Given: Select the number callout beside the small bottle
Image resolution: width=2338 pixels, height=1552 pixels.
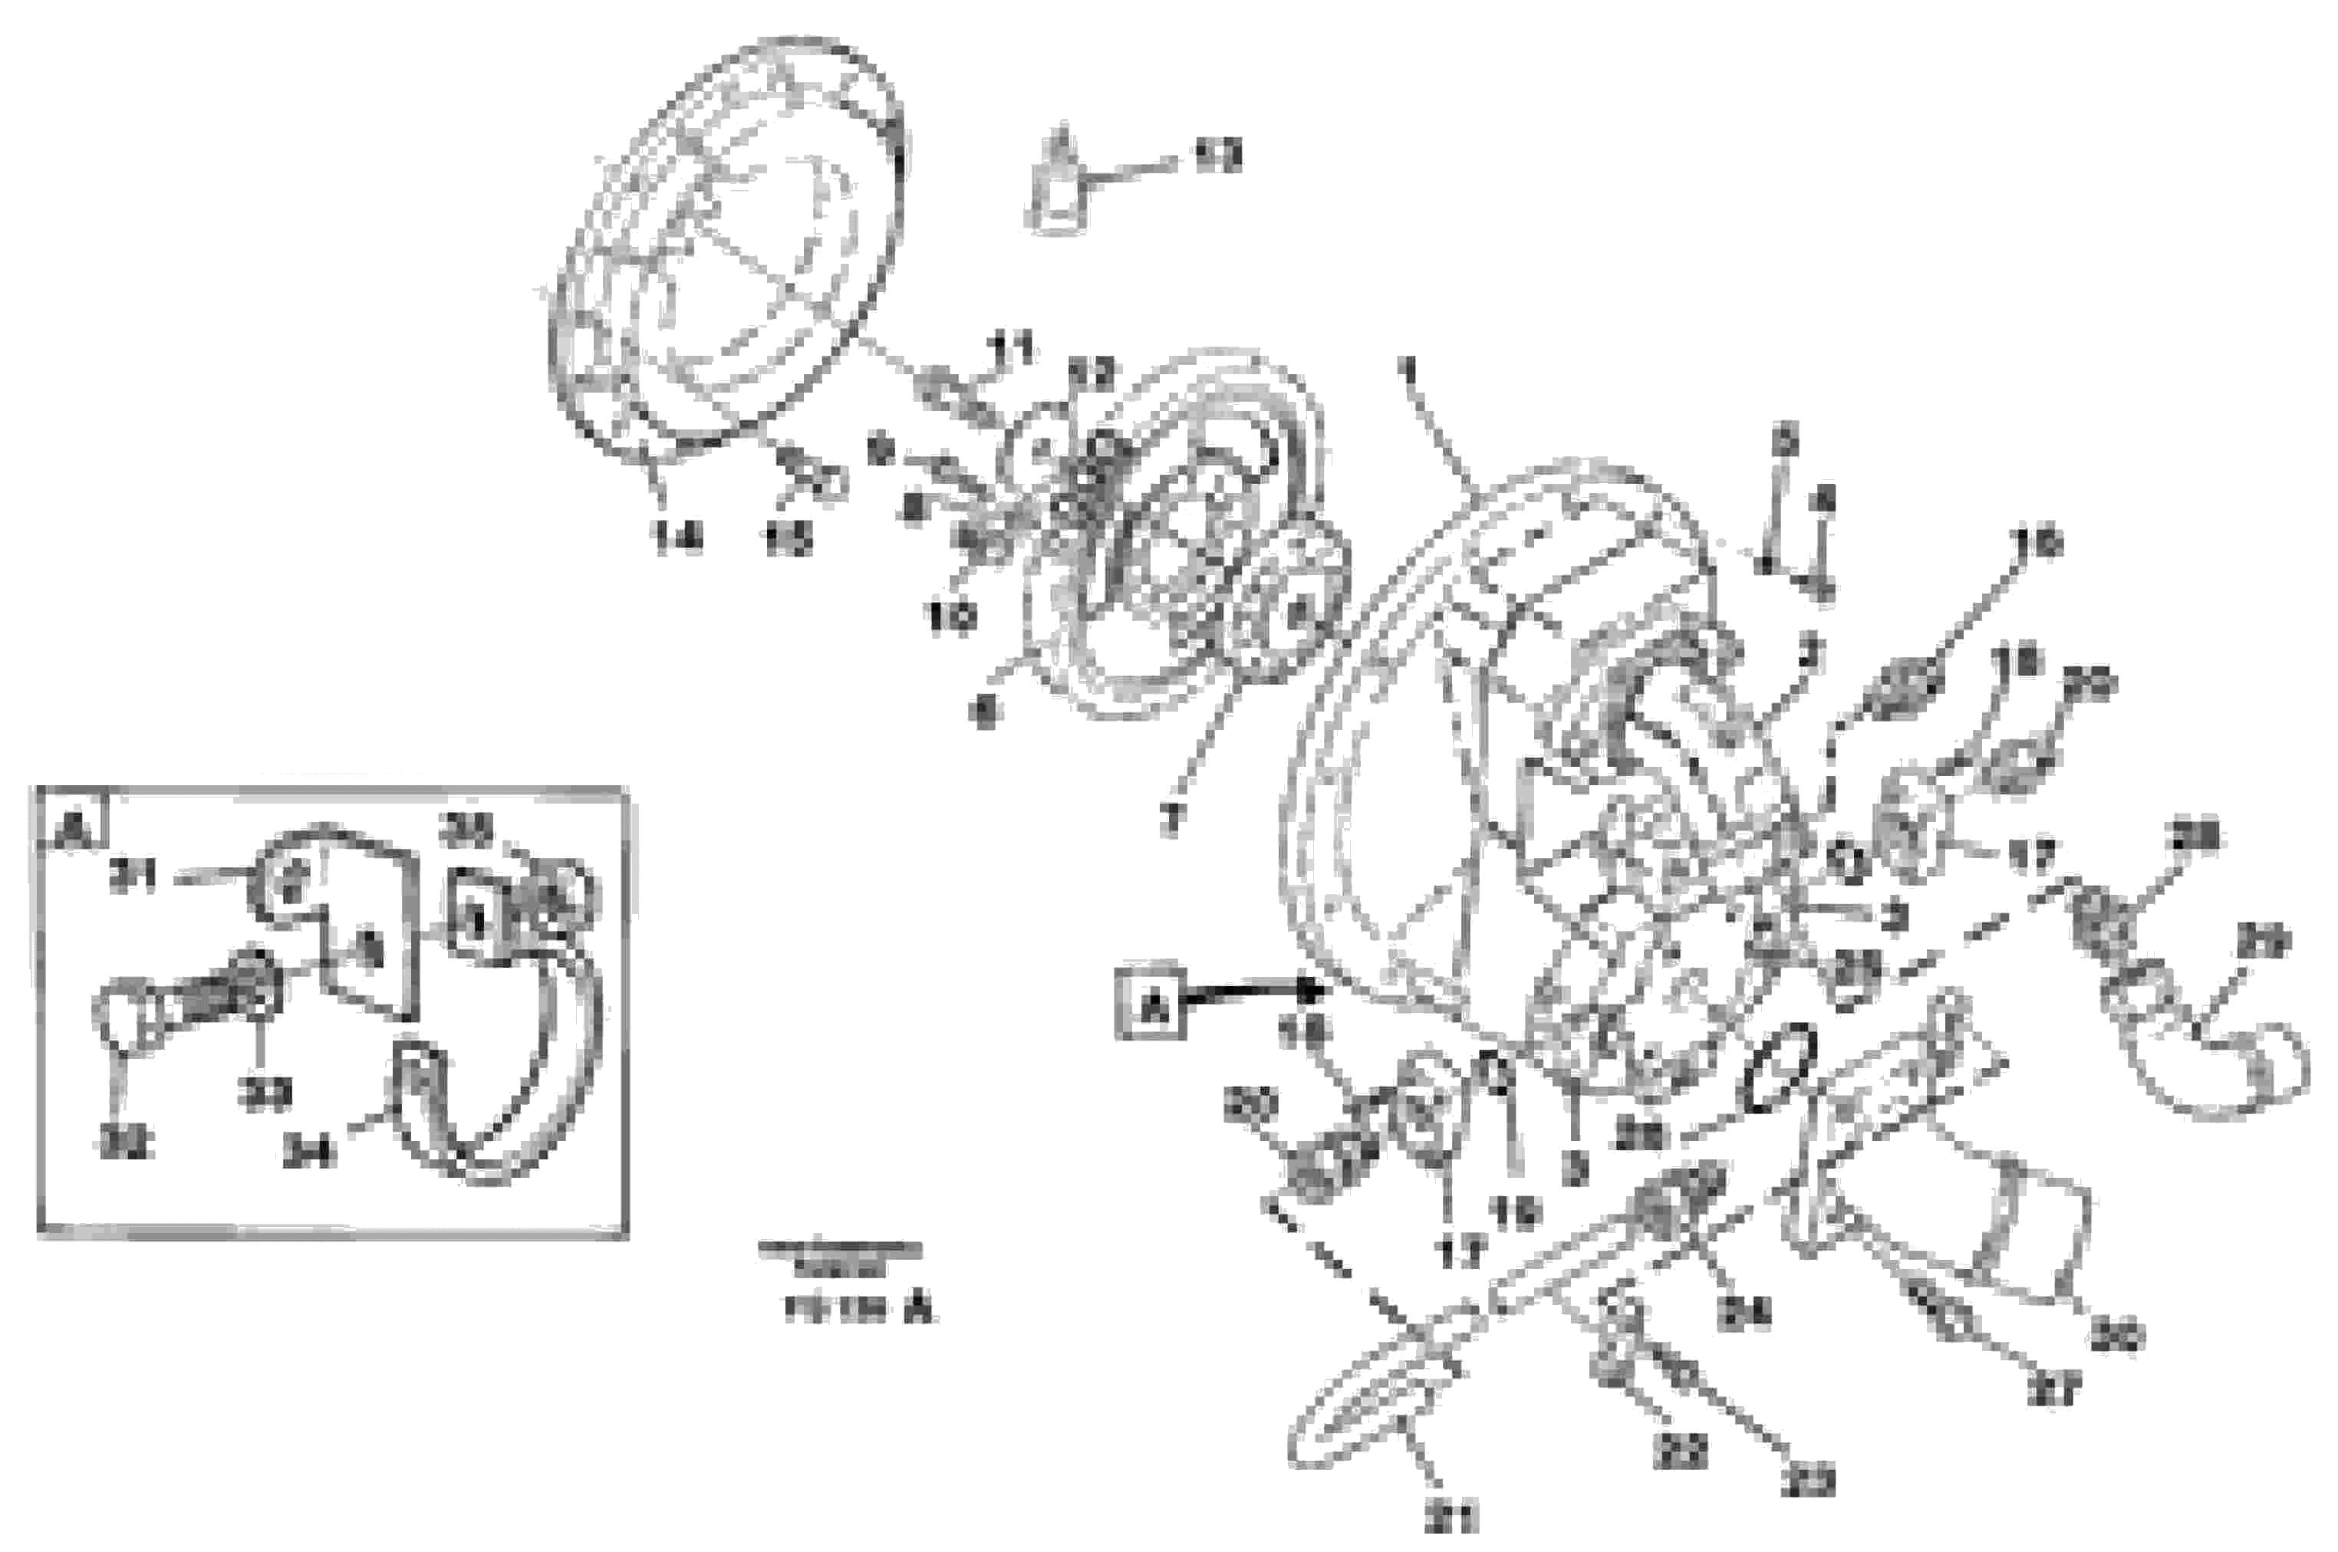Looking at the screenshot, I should pyautogui.click(x=1217, y=156).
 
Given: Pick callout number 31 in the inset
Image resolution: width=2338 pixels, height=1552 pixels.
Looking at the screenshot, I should pyautogui.click(x=132, y=878).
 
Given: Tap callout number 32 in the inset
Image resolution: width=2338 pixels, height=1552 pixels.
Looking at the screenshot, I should pyautogui.click(x=125, y=1143).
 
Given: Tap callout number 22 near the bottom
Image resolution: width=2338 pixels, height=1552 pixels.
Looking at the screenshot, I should pyautogui.click(x=1680, y=1451).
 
